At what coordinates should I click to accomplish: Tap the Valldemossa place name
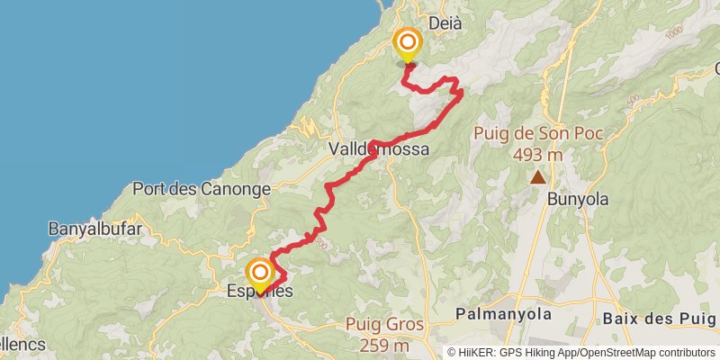(378, 149)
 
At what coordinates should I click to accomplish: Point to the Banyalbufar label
(96, 229)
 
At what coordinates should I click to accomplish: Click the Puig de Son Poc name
(538, 135)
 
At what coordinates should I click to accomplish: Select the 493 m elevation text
(538, 155)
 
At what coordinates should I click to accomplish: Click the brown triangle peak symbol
(538, 176)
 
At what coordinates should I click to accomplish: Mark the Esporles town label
(260, 292)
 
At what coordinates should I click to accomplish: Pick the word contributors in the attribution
(686, 352)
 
